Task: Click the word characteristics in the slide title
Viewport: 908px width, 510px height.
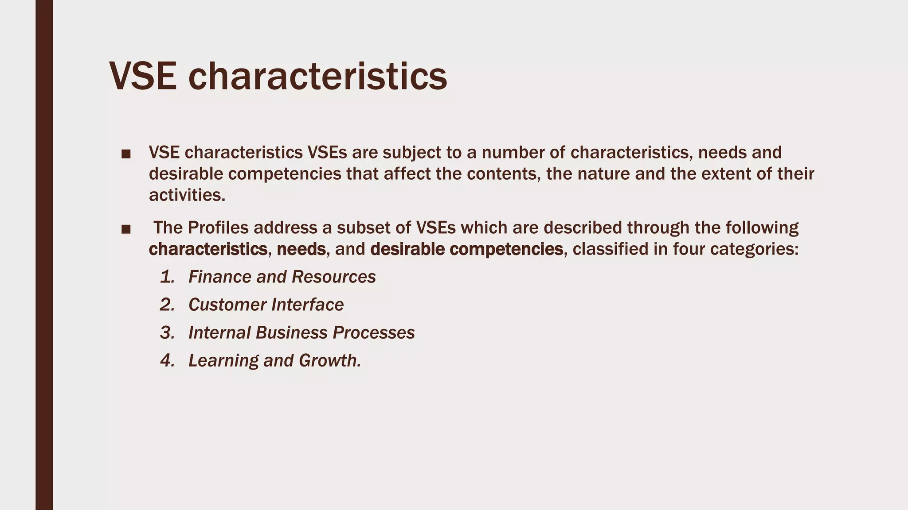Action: pos(317,77)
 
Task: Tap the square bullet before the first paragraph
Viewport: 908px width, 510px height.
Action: pos(126,154)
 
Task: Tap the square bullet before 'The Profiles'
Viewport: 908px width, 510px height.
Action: pos(126,229)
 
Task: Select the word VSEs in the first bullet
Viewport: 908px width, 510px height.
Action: pos(327,152)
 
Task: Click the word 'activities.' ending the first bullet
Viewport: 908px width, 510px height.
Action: pos(187,195)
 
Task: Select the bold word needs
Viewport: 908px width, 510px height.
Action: pos(301,249)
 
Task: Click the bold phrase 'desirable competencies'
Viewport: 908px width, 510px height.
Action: pos(466,249)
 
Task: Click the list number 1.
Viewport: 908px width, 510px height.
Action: pos(167,277)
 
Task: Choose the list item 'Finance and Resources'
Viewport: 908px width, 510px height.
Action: pos(282,277)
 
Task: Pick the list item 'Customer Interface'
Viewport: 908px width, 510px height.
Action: pos(266,305)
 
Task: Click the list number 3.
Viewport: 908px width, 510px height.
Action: pos(167,333)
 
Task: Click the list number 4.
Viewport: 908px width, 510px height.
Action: pos(167,361)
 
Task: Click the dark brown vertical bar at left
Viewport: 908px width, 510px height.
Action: pos(44,255)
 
